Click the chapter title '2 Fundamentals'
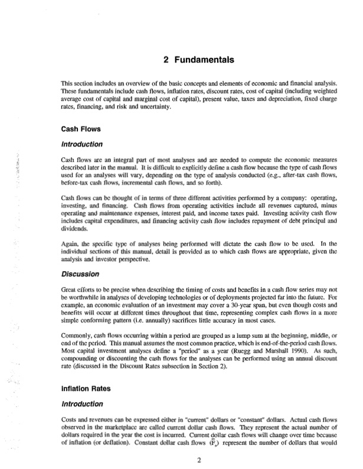[197, 59]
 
